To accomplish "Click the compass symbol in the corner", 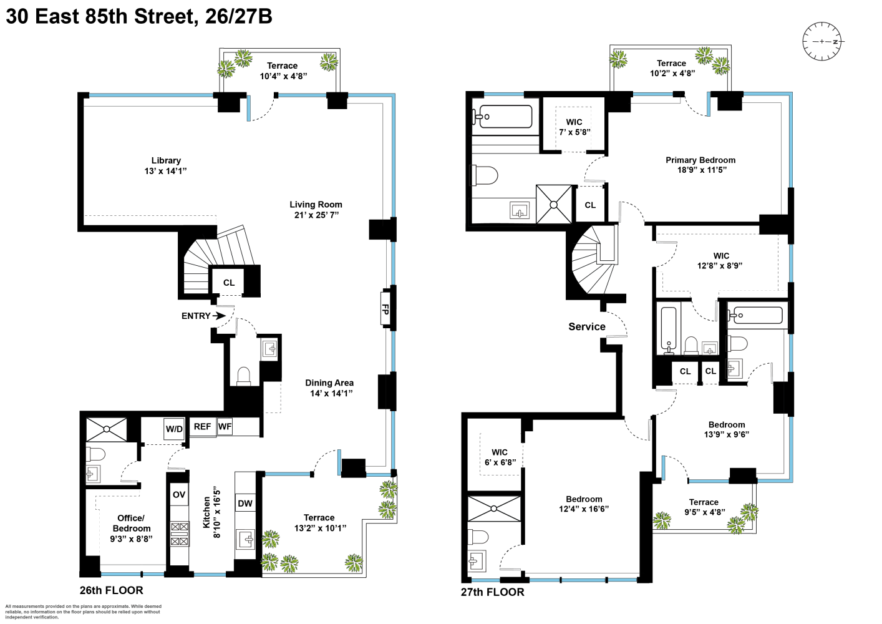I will tap(821, 42).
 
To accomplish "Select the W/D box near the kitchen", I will tap(174, 429).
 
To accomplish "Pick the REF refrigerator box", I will tap(202, 427).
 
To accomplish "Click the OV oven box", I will tap(179, 495).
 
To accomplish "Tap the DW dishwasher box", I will tap(245, 503).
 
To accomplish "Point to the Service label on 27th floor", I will tap(586, 326).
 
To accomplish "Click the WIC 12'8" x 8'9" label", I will tap(720, 260).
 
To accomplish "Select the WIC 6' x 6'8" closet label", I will tap(500, 457).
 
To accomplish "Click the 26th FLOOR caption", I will tap(111, 590).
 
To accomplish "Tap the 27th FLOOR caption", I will tap(492, 592).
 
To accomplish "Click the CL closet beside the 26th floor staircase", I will tap(229, 283).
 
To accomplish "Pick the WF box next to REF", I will tap(225, 427).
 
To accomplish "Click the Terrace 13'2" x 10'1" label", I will tap(319, 522).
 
